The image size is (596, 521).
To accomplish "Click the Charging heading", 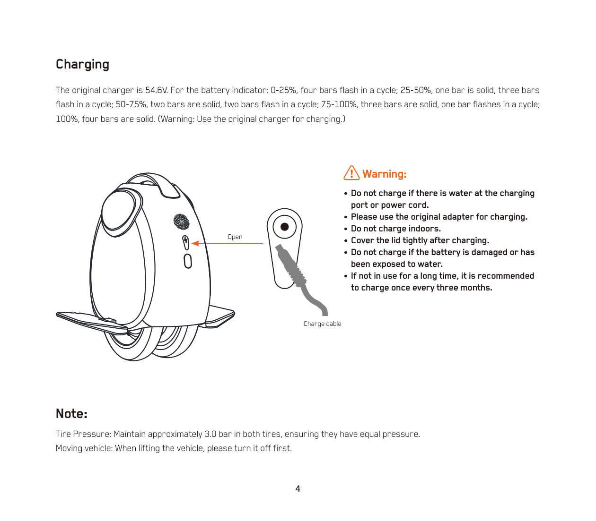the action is click(82, 65).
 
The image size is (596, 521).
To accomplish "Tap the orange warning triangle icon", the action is click(351, 173).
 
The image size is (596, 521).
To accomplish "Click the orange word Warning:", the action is click(384, 174).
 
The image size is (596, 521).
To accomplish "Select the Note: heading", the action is click(71, 413).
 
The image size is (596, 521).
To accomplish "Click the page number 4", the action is click(298, 488).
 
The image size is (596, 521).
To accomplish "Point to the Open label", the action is click(235, 237).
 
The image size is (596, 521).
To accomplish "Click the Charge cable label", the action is click(322, 324).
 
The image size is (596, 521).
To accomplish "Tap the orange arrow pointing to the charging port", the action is click(227, 243).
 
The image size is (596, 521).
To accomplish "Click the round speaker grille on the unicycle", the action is click(182, 222).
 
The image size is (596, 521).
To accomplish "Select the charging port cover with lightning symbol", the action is click(185, 242).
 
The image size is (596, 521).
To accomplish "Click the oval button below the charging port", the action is click(188, 261).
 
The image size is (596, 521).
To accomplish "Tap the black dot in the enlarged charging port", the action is click(284, 227).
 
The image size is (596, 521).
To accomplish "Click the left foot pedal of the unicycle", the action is click(90, 322).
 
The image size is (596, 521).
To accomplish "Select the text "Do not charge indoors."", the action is click(395, 229).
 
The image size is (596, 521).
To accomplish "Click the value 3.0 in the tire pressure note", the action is click(210, 434).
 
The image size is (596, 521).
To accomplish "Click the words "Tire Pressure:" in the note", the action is click(83, 434).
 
